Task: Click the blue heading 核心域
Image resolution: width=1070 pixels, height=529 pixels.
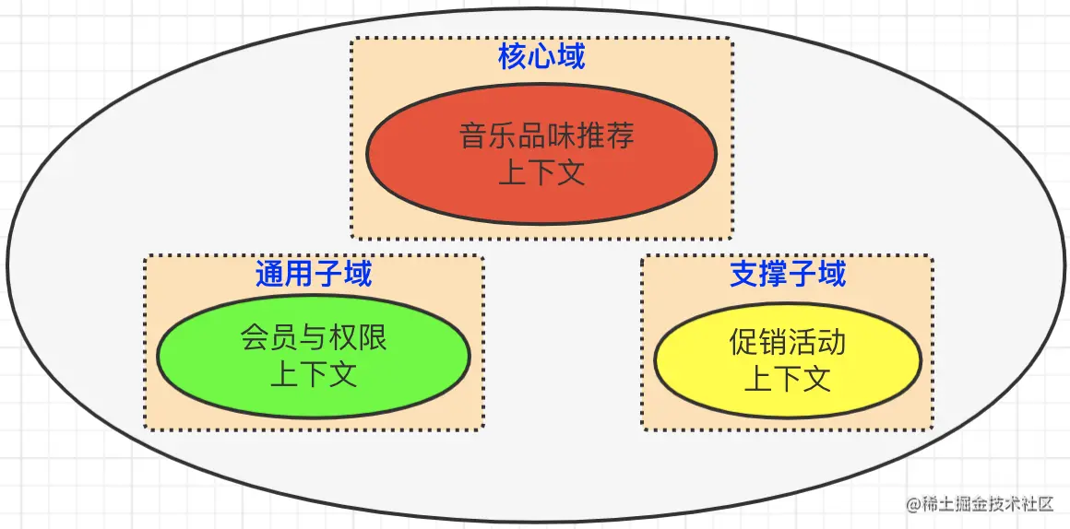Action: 541,57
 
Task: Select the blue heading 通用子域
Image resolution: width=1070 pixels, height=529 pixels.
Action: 314,274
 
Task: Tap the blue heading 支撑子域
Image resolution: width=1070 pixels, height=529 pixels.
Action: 788,274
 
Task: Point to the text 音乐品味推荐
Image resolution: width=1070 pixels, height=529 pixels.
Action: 547,136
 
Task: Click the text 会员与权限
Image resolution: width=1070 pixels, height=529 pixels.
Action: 314,337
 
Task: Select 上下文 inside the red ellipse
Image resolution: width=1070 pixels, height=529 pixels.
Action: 541,173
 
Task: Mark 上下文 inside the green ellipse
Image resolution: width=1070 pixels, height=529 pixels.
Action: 314,375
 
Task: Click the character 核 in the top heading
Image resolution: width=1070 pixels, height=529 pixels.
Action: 513,57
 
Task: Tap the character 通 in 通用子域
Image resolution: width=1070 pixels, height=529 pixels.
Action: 270,274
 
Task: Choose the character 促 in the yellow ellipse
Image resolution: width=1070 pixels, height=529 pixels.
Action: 743,342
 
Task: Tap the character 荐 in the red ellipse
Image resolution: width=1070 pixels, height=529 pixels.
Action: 621,136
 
